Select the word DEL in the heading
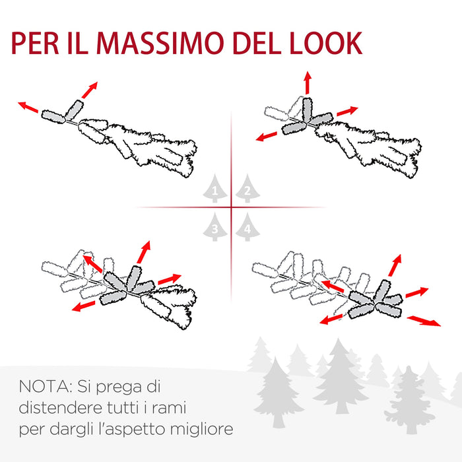coord(256,43)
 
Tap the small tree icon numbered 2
coord(247,189)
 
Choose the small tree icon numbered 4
coord(247,228)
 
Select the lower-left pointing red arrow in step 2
coord(267,136)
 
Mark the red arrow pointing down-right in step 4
coord(424,321)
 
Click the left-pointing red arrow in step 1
coord(28,106)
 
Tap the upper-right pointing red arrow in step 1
coord(90,90)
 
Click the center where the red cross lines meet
coord(231,208)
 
